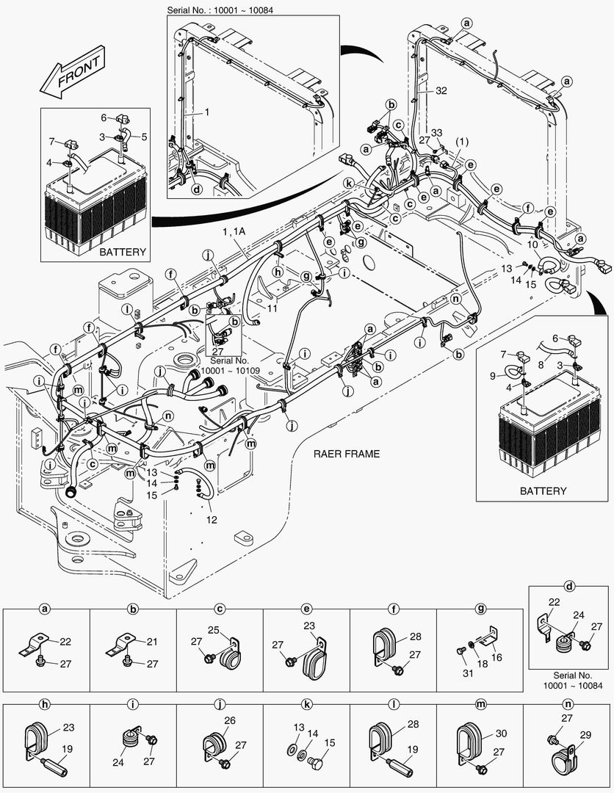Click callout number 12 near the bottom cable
(x=211, y=520)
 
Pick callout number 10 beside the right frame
(x=532, y=244)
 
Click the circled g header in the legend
(x=480, y=609)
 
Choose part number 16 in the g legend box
(x=497, y=658)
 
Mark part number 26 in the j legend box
(x=229, y=720)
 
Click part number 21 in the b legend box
(x=152, y=642)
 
